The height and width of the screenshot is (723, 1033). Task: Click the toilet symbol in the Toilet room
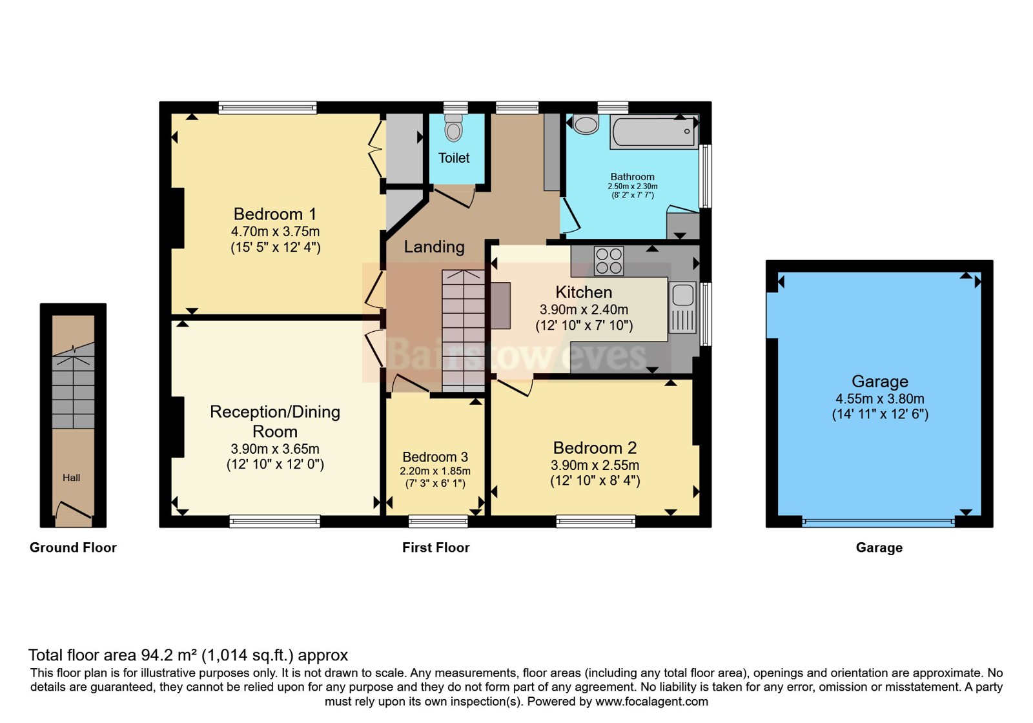(454, 129)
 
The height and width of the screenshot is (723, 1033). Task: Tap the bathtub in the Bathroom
(653, 132)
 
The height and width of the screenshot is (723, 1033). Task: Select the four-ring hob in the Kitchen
(609, 261)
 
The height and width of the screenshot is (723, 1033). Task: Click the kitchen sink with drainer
(682, 307)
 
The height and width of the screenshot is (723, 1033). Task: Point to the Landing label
(434, 247)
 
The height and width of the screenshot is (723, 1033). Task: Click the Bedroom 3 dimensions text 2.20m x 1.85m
(435, 471)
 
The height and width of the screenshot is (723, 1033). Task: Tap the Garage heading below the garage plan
(879, 547)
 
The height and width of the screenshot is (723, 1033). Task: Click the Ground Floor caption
(73, 547)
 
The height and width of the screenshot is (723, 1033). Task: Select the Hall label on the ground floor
(72, 478)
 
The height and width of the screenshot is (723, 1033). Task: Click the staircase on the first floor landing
(463, 331)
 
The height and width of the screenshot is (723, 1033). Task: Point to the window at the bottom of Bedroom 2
(595, 521)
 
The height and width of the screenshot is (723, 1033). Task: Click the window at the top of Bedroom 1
(267, 108)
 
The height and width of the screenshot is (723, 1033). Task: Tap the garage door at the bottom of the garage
(878, 521)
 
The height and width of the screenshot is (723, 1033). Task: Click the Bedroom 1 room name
(275, 214)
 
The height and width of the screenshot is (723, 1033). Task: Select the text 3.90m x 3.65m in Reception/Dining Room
(275, 449)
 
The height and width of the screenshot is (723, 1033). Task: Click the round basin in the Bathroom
(586, 125)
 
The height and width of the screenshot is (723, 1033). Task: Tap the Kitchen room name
(584, 292)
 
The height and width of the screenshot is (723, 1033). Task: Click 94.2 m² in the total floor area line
(169, 655)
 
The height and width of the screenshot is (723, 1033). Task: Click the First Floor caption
(436, 547)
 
